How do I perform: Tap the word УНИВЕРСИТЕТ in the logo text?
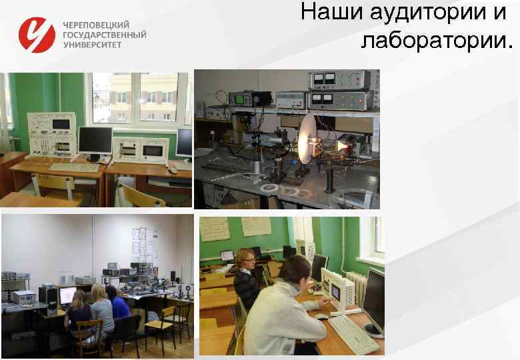click(x=93, y=45)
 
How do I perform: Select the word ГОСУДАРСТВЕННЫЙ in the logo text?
click(x=105, y=34)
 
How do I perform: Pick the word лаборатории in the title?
click(x=435, y=41)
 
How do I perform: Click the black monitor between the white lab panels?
click(x=95, y=140)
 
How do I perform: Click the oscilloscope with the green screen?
click(x=241, y=98)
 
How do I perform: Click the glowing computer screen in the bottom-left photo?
click(x=68, y=294)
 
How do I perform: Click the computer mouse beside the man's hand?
click(x=322, y=317)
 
